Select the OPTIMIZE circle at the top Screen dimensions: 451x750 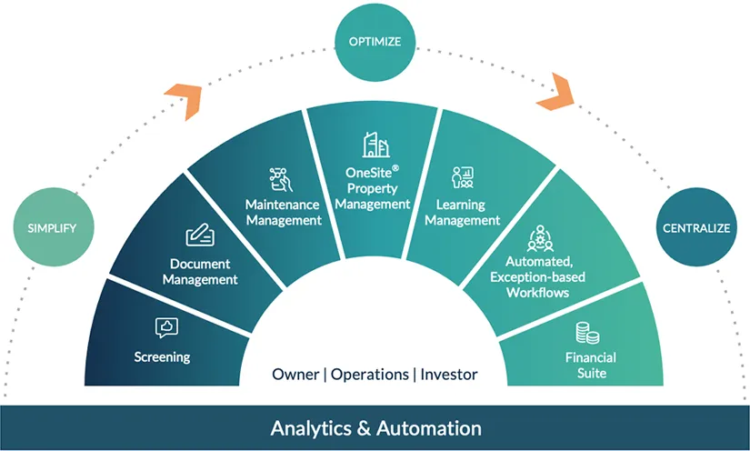[x=375, y=40]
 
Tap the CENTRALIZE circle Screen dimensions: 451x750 [x=695, y=227]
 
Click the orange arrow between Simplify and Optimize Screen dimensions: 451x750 [x=182, y=101]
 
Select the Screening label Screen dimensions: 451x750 [x=163, y=356]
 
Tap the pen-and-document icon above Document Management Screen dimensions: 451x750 [x=200, y=236]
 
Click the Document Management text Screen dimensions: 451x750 [x=200, y=272]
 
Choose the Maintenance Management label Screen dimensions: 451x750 [x=284, y=212]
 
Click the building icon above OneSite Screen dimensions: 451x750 [x=375, y=145]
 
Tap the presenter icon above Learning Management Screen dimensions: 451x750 [x=463, y=177]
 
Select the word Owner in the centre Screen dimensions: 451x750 [x=295, y=375]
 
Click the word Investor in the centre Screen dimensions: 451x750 [x=448, y=375]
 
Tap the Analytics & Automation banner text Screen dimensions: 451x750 [x=375, y=427]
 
